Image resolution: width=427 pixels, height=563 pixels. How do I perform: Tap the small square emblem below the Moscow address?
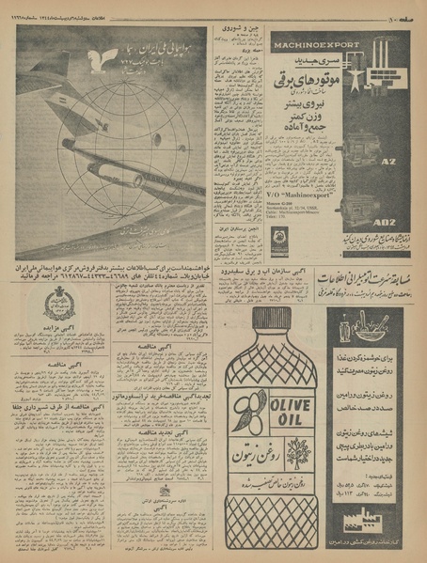[x=279, y=241]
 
